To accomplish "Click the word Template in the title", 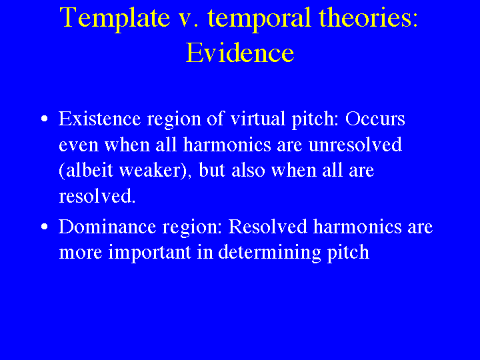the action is pos(115,19).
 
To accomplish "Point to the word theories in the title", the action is pos(368,17).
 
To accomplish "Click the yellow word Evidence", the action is pos(240,53).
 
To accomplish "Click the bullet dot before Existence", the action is pos(45,119).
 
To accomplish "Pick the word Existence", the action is pos(99,118).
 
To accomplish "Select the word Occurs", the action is pos(375,119).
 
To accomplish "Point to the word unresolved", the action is pos(355,144).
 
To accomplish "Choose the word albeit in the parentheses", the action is pos(90,170).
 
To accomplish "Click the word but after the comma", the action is pos(212,170).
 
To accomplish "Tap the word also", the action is pos(248,170).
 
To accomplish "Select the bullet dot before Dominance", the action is pos(45,227).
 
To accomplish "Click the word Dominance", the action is pos(107,226).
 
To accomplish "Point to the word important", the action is pos(150,253).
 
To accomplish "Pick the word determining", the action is pos(269,253).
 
